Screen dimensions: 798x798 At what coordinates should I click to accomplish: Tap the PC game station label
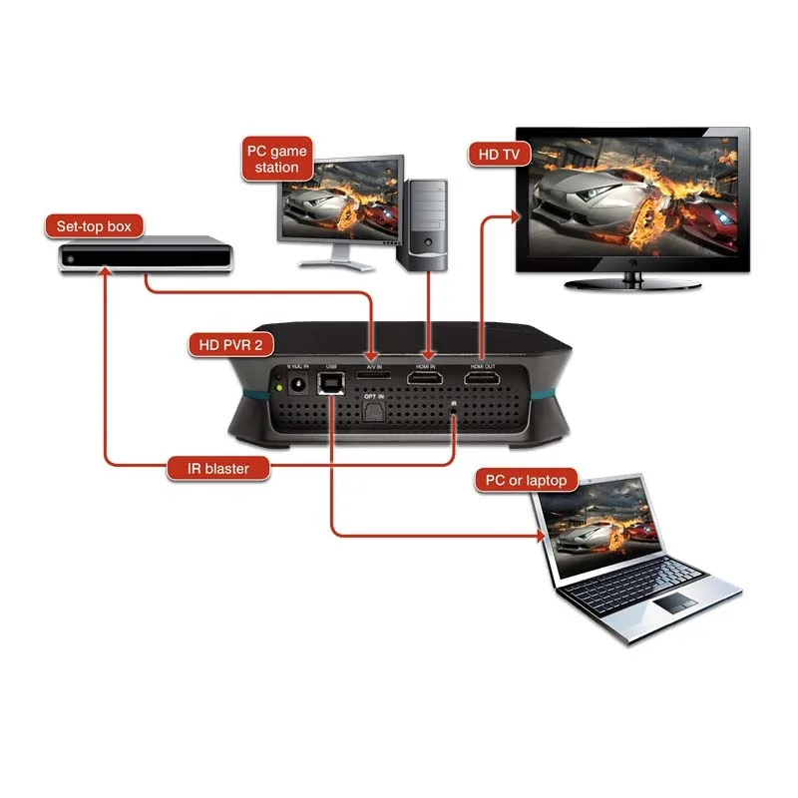click(x=276, y=159)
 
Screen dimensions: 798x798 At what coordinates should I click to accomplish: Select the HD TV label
click(x=499, y=155)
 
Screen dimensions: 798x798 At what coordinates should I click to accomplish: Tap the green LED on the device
click(x=276, y=387)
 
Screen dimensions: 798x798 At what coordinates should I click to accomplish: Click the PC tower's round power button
click(x=428, y=242)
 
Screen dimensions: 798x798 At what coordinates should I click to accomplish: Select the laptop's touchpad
click(x=675, y=601)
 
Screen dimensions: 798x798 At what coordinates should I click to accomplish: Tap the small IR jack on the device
click(x=455, y=406)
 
